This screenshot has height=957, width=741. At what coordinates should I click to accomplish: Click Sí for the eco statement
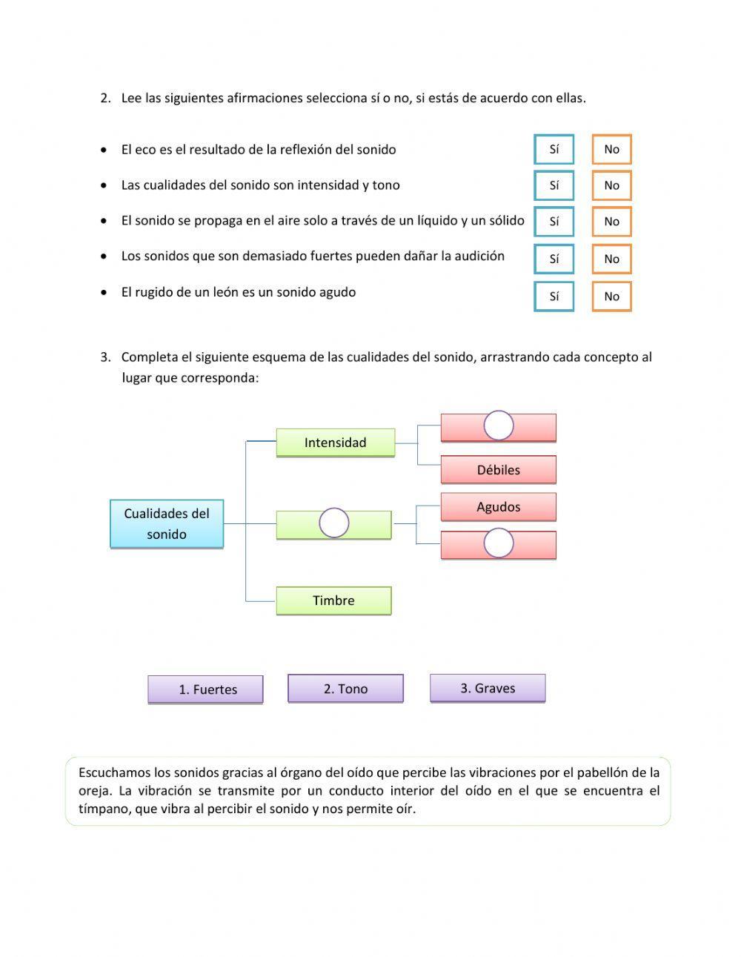coord(554,149)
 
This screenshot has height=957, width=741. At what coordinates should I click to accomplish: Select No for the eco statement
coord(611,149)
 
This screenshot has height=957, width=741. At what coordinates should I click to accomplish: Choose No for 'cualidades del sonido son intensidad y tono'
coord(611,185)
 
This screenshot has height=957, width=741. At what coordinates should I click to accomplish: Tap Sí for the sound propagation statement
coord(554,221)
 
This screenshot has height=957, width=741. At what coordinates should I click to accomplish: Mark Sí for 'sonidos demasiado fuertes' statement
coord(554,259)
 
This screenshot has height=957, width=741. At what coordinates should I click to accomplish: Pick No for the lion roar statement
coord(611,297)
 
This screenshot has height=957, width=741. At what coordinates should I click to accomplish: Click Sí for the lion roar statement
coord(554,297)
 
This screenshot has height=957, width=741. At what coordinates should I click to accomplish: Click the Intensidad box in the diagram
coord(335,443)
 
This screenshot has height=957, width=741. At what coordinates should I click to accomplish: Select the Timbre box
coord(333,600)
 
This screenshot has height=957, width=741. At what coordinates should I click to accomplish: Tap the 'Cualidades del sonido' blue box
coord(167,523)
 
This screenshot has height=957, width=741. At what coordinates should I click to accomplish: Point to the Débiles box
coord(498,470)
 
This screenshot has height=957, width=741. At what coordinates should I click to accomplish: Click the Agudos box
coord(498,507)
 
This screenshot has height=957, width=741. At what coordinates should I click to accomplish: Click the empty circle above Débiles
coord(499,425)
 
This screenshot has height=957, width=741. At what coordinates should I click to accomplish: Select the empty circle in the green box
coord(334,523)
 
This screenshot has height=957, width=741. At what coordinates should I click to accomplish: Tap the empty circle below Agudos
coord(499,543)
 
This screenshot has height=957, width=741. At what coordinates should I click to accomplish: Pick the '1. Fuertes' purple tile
coord(206,689)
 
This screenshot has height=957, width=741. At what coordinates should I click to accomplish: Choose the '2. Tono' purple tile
coord(345,689)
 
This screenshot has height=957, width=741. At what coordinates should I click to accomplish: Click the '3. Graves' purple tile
coord(488,688)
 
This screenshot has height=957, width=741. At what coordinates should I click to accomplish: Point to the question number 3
coord(105,357)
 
